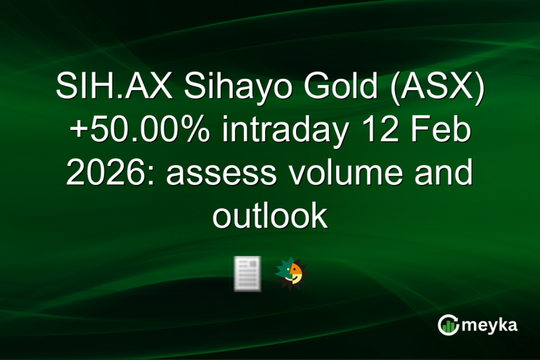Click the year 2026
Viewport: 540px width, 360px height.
tap(110, 175)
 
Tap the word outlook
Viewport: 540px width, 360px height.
tap(270, 216)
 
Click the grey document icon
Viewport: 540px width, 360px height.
tap(247, 274)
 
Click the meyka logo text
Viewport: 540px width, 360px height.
tap(491, 326)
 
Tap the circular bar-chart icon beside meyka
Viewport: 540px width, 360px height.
tap(447, 325)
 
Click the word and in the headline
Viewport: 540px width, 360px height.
tap(444, 175)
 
